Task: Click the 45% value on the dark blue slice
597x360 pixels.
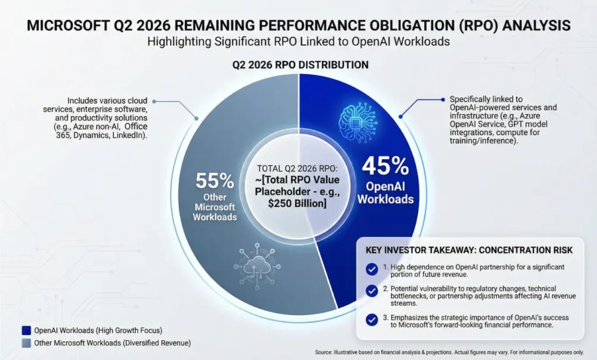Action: click(x=385, y=168)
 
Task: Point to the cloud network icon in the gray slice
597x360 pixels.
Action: click(x=257, y=264)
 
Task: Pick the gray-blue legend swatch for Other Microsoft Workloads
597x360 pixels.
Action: click(x=26, y=342)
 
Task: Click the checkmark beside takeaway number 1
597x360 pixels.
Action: click(x=371, y=270)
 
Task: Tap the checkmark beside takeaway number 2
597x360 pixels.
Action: click(x=371, y=291)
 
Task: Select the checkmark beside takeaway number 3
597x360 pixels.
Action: click(x=371, y=319)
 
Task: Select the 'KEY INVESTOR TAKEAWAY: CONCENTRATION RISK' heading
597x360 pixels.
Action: click(x=469, y=250)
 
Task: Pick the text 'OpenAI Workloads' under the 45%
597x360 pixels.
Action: click(x=385, y=193)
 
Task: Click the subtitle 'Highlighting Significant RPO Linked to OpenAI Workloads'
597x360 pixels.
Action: click(x=298, y=42)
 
